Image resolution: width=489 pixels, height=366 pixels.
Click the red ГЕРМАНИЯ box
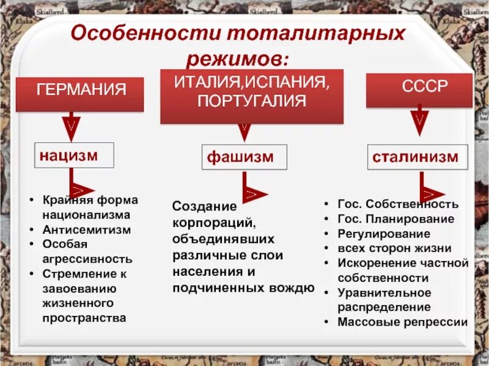pyautogui.click(x=79, y=93)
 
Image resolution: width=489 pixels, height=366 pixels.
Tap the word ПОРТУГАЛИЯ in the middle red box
pyautogui.click(x=251, y=101)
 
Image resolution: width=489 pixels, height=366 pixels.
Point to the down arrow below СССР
pyautogui.click(x=419, y=121)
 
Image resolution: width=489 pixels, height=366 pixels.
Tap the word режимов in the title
pyautogui.click(x=236, y=58)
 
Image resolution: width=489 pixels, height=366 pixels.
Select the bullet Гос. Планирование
pyautogui.click(x=395, y=219)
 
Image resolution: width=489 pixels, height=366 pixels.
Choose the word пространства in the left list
pyautogui.click(x=84, y=317)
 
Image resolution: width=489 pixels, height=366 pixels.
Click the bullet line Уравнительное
pyautogui.click(x=384, y=292)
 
